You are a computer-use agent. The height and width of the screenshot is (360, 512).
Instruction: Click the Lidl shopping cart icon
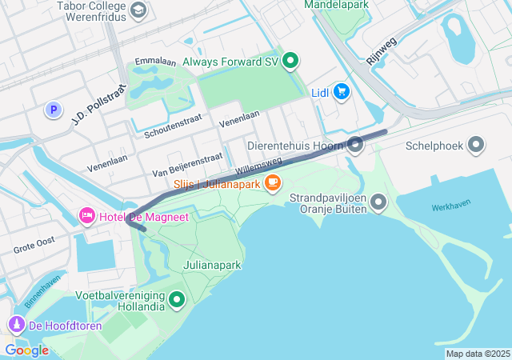click(x=342, y=92)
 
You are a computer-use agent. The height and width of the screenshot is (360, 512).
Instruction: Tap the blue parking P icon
click(x=54, y=110)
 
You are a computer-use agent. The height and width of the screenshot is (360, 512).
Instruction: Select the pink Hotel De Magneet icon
click(x=86, y=216)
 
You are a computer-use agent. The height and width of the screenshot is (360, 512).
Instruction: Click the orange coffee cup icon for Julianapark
click(x=273, y=183)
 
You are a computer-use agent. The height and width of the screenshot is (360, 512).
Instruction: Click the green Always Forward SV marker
click(x=291, y=60)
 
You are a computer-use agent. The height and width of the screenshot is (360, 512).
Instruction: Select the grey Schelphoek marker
click(x=476, y=146)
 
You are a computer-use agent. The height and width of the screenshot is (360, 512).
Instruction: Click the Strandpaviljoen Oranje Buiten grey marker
click(x=378, y=202)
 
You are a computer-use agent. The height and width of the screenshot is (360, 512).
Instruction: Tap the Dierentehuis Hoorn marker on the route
click(x=355, y=145)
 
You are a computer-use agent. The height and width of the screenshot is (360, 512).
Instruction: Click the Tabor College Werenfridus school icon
click(x=138, y=10)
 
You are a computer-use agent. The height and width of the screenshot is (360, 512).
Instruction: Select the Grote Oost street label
click(x=34, y=245)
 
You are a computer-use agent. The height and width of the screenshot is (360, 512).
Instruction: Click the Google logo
click(x=26, y=350)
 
